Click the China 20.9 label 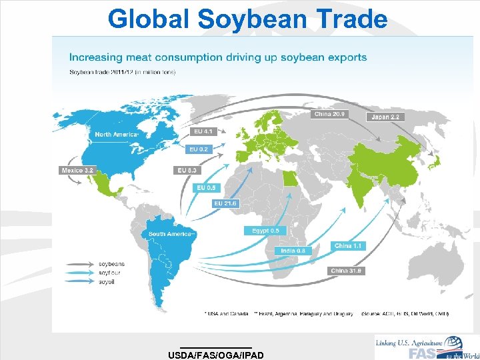click(x=328, y=114)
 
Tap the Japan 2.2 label click(x=385, y=117)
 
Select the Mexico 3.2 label click(x=78, y=170)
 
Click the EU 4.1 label click(x=203, y=131)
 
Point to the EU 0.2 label click(x=200, y=149)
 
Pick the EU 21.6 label click(x=225, y=203)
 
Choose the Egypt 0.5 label click(x=265, y=231)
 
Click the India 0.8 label click(x=293, y=251)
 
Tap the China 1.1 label click(x=349, y=246)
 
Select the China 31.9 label click(x=347, y=271)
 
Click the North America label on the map click(x=116, y=135)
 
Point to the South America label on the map click(x=171, y=234)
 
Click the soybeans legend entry click(x=111, y=264)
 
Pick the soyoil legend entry click(x=107, y=282)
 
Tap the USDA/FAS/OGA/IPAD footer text click(x=217, y=355)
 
